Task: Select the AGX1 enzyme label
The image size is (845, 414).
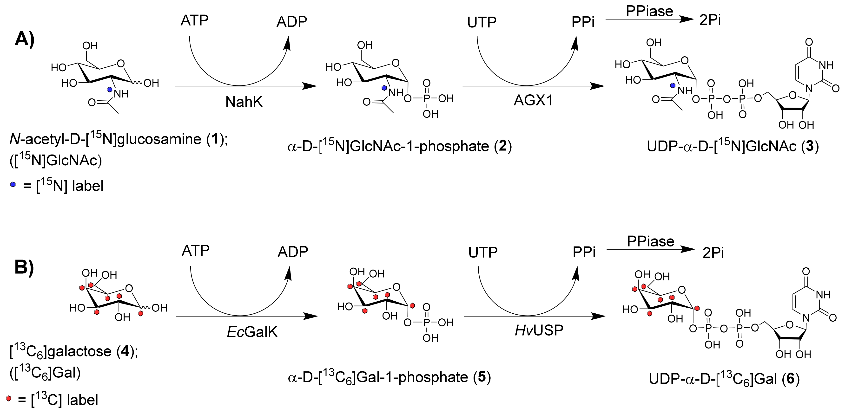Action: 533,100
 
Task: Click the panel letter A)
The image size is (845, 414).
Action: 25,40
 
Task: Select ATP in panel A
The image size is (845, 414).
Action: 195,21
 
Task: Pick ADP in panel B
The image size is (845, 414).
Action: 293,252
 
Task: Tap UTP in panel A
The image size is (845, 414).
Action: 482,23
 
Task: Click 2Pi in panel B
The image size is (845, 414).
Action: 713,253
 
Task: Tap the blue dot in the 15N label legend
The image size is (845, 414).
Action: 13,185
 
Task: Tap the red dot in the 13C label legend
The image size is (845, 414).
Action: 8,399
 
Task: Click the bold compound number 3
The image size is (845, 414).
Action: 810,146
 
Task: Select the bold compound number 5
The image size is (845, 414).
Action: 482,377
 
